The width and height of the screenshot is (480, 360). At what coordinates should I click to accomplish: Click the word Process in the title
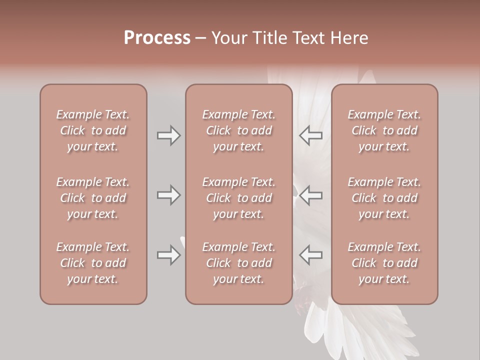(157, 38)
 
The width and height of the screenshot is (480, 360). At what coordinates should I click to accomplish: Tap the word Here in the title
(349, 38)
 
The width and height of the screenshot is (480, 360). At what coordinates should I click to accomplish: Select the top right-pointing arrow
(169, 135)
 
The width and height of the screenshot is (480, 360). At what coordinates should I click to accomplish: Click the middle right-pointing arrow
(169, 195)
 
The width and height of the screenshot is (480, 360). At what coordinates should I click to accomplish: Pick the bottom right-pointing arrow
(169, 255)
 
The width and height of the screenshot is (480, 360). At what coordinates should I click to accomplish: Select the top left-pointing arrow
(310, 135)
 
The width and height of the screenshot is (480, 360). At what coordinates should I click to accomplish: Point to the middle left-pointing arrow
(310, 195)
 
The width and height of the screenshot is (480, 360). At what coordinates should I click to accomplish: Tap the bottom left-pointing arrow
(310, 255)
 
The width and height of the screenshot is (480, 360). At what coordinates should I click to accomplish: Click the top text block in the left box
(93, 130)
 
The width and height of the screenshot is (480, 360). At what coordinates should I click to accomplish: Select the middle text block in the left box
(93, 198)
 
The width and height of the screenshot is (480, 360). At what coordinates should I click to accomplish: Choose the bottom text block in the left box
(93, 263)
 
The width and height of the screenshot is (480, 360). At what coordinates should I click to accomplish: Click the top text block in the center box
(239, 130)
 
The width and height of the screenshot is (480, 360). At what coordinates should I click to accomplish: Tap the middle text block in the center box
(239, 198)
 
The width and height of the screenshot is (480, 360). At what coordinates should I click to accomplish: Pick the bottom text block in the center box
(239, 263)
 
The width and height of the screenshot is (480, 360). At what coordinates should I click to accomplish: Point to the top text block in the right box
(384, 130)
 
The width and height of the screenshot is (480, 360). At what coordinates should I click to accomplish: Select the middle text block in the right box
(384, 198)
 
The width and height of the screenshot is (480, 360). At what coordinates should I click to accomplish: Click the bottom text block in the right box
(384, 263)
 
